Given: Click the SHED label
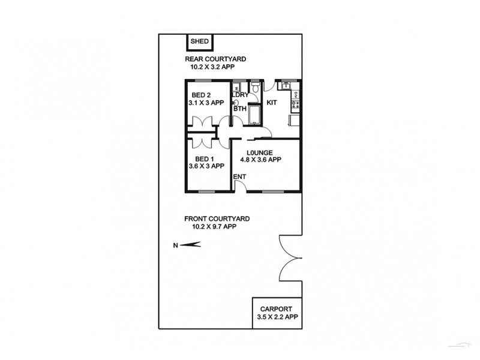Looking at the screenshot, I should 199,41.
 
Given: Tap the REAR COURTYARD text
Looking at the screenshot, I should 215,59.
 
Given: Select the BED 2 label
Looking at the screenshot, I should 201,95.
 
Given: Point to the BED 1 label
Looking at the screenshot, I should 199,158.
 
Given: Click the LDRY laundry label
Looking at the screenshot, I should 240,95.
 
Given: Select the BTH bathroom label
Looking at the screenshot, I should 239,109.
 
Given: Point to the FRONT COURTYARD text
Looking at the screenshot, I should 217,220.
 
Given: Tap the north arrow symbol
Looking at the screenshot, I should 191,244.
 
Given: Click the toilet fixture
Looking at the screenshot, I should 256,88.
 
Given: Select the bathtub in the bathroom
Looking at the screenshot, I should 253,114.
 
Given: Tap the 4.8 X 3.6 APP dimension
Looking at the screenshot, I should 260,160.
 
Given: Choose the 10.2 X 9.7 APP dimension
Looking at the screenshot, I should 214,227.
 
